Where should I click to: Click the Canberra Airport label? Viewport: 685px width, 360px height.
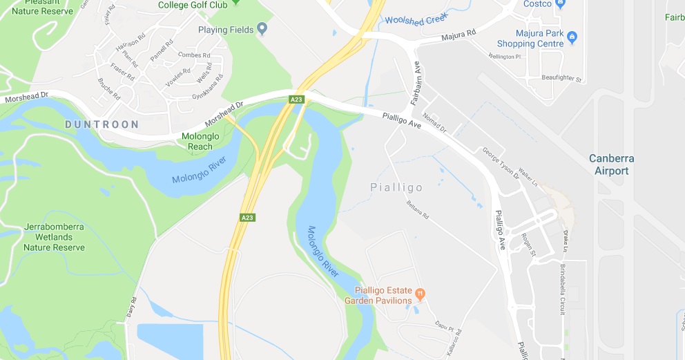(x=611, y=164)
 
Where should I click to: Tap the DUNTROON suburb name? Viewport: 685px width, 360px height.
(x=102, y=124)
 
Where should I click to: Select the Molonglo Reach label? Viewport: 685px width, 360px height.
(x=200, y=141)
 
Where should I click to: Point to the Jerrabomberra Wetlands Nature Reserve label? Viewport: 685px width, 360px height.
(x=55, y=237)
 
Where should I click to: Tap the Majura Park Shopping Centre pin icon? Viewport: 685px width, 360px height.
(x=572, y=35)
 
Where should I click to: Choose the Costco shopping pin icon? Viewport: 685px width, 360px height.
(x=561, y=4)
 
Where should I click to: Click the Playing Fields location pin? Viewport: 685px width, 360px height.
(x=262, y=29)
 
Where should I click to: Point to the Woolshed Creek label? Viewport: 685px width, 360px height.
(x=416, y=21)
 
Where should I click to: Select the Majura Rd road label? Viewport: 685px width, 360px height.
(x=459, y=35)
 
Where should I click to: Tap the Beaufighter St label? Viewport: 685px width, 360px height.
(x=562, y=78)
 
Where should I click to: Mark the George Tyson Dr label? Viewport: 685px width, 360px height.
(x=500, y=162)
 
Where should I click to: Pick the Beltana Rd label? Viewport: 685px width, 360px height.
(x=418, y=210)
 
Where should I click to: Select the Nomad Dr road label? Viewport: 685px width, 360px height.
(x=434, y=123)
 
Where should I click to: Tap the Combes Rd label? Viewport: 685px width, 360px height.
(x=194, y=55)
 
